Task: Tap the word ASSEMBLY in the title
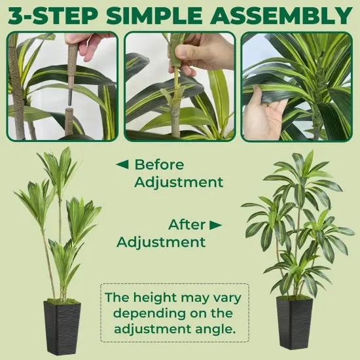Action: (x=289, y=15)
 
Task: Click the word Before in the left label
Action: (x=159, y=164)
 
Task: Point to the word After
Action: (x=187, y=225)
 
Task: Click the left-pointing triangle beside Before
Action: (x=122, y=164)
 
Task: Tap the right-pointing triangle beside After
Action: (x=215, y=225)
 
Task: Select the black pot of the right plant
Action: (x=295, y=322)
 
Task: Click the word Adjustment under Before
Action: (x=179, y=182)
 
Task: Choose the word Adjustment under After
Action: (x=161, y=242)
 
